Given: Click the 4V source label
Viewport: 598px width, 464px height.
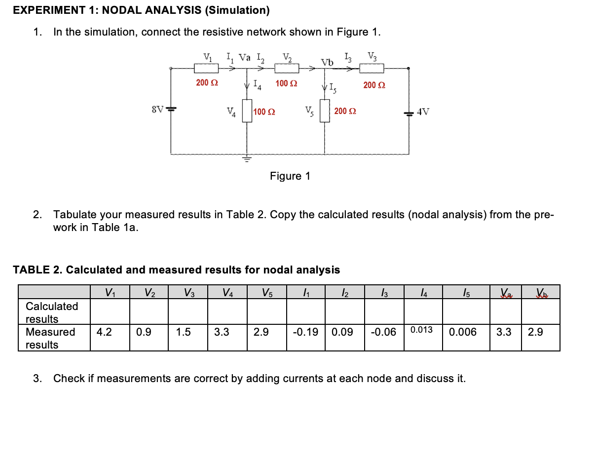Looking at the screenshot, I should tap(423, 112).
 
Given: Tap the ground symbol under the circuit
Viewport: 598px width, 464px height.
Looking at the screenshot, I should tap(245, 159).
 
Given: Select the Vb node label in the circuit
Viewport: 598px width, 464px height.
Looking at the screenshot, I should tap(327, 63).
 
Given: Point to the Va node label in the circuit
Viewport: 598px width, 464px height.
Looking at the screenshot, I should tap(245, 57).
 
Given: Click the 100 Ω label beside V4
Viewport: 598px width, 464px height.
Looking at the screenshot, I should tap(264, 112).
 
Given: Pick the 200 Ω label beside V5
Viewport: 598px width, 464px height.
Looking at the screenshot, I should tap(345, 111).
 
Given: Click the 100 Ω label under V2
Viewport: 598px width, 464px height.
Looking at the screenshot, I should tap(286, 83).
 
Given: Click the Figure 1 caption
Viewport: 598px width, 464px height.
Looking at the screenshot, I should tap(290, 176).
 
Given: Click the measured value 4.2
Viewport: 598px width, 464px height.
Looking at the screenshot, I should tap(104, 332).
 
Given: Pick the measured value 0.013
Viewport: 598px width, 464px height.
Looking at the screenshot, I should tap(421, 330).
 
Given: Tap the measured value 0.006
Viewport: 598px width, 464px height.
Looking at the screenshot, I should tap(463, 332).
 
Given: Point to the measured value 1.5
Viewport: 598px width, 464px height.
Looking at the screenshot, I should tap(184, 332).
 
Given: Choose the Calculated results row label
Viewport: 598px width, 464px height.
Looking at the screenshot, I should tap(52, 312).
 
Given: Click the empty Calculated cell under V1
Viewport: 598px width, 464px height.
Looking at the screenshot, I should tap(110, 311).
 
